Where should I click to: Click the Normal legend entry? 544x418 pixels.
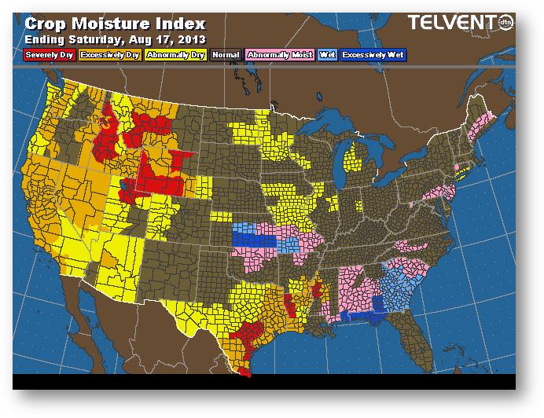(x=226, y=54)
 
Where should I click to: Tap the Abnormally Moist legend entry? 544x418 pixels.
(x=278, y=54)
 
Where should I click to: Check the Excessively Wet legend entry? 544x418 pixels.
(x=375, y=54)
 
